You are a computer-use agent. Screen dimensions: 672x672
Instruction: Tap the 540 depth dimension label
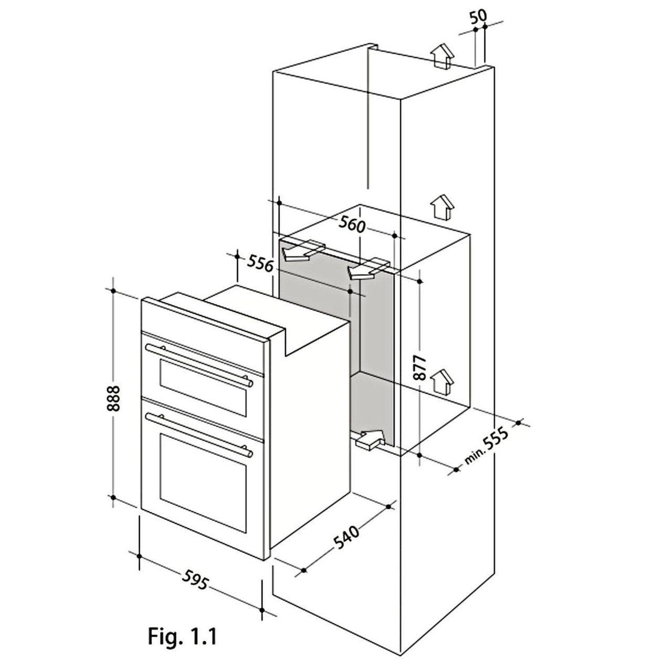346,538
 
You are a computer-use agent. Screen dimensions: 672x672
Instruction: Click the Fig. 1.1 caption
182,637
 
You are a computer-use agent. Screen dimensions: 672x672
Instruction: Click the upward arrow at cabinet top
443,55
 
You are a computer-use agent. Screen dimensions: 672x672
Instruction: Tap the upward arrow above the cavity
442,207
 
